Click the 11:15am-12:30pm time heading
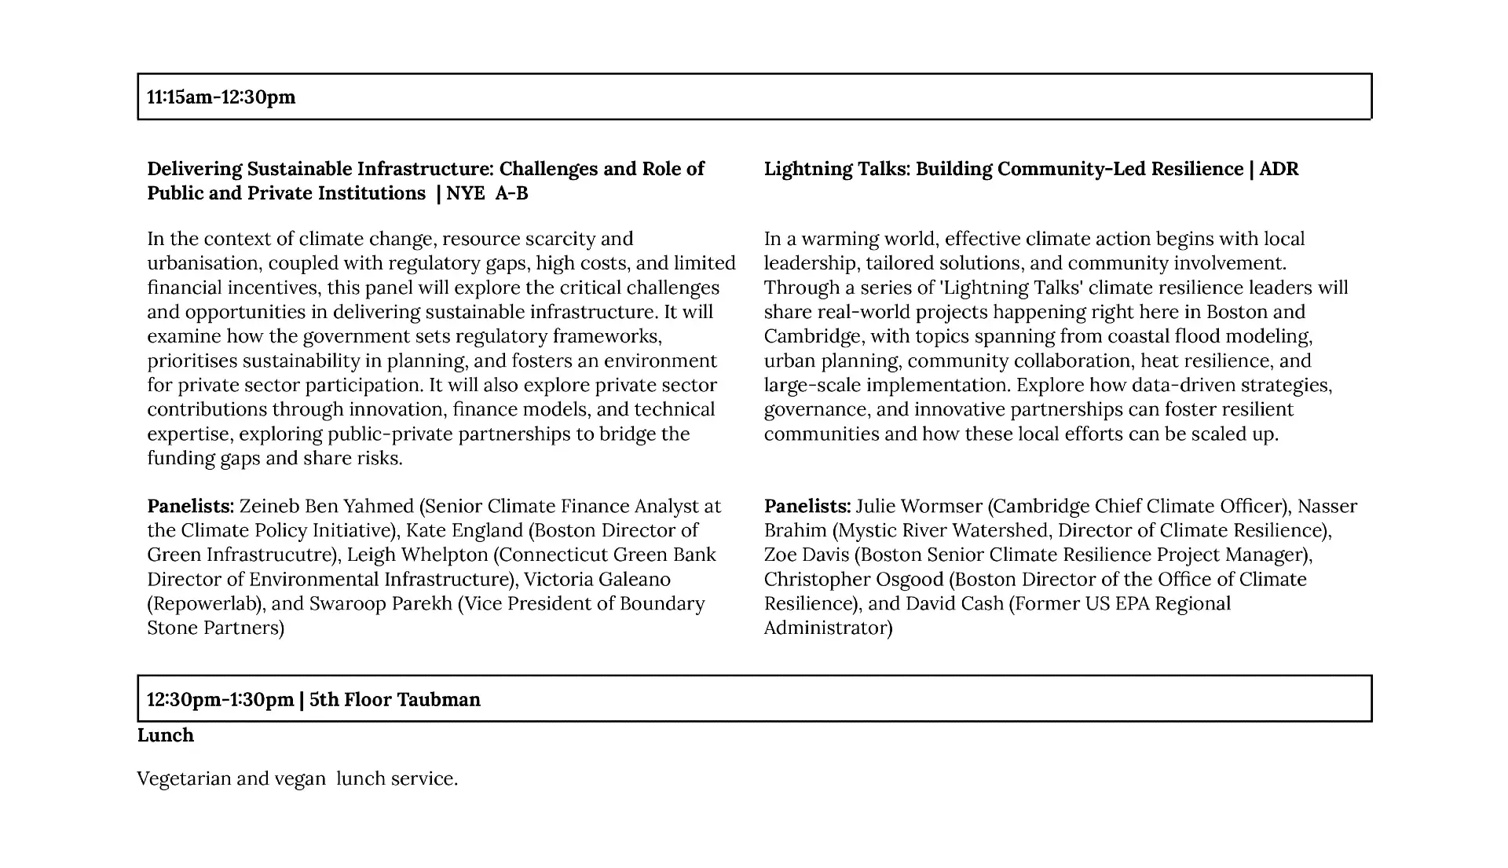221,97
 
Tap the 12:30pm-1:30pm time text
220,700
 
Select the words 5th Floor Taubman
395,700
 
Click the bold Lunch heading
166,735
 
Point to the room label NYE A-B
487,193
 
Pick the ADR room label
1279,169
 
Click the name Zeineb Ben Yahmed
326,507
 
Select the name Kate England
464,531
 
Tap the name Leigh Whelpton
417,555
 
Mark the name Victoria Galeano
597,580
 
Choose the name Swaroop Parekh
381,604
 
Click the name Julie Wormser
919,507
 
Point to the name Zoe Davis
807,555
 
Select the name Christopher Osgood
854,580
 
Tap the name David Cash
954,604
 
